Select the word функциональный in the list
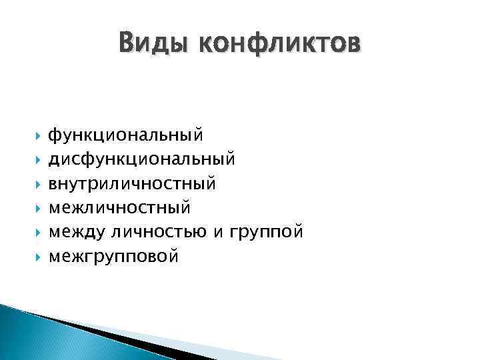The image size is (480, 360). (x=125, y=135)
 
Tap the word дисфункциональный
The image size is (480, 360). (x=141, y=159)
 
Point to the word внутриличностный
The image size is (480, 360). (x=132, y=183)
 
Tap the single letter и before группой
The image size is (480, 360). (x=219, y=232)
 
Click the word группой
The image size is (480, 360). (x=265, y=232)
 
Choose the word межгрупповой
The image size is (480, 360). (x=113, y=256)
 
